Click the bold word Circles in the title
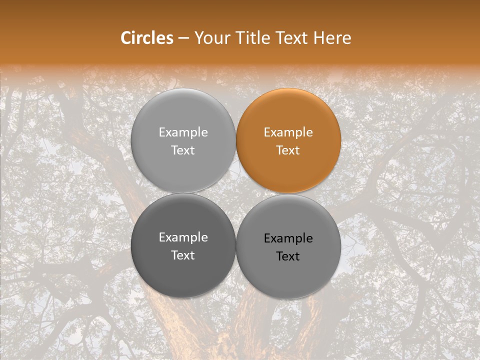tap(147, 38)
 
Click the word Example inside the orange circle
tap(288, 132)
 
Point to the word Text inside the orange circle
tap(288, 150)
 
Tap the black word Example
tap(288, 238)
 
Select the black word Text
tap(288, 256)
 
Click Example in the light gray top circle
tap(183, 132)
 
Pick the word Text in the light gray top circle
tap(183, 150)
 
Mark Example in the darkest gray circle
tap(183, 237)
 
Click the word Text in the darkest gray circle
tap(183, 255)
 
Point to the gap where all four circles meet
tap(235, 193)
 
